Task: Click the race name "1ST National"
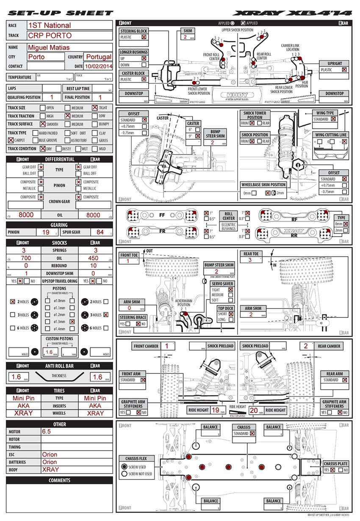[50, 25]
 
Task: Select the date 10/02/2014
[98, 66]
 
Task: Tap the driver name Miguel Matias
[48, 47]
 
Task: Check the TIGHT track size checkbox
[94, 108]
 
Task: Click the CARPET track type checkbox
[11, 140]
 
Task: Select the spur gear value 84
[100, 232]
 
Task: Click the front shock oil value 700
[26, 258]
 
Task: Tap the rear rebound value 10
[93, 265]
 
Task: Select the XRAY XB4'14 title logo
[292, 13]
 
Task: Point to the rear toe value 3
[250, 260]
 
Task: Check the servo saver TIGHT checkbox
[230, 289]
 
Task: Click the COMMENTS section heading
[59, 480]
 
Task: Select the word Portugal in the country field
[99, 57]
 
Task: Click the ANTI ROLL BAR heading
[59, 366]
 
